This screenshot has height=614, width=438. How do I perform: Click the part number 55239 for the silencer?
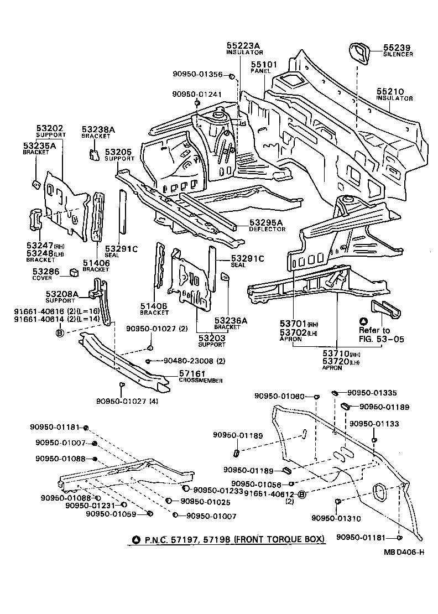(x=398, y=48)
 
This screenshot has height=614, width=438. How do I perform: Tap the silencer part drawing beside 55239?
(x=360, y=52)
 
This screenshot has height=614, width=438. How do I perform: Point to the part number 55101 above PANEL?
(x=264, y=65)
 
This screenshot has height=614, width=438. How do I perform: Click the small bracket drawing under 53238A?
(x=93, y=153)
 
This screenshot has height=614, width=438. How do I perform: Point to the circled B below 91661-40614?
(x=60, y=332)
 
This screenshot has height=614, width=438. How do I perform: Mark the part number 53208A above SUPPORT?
(x=62, y=293)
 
